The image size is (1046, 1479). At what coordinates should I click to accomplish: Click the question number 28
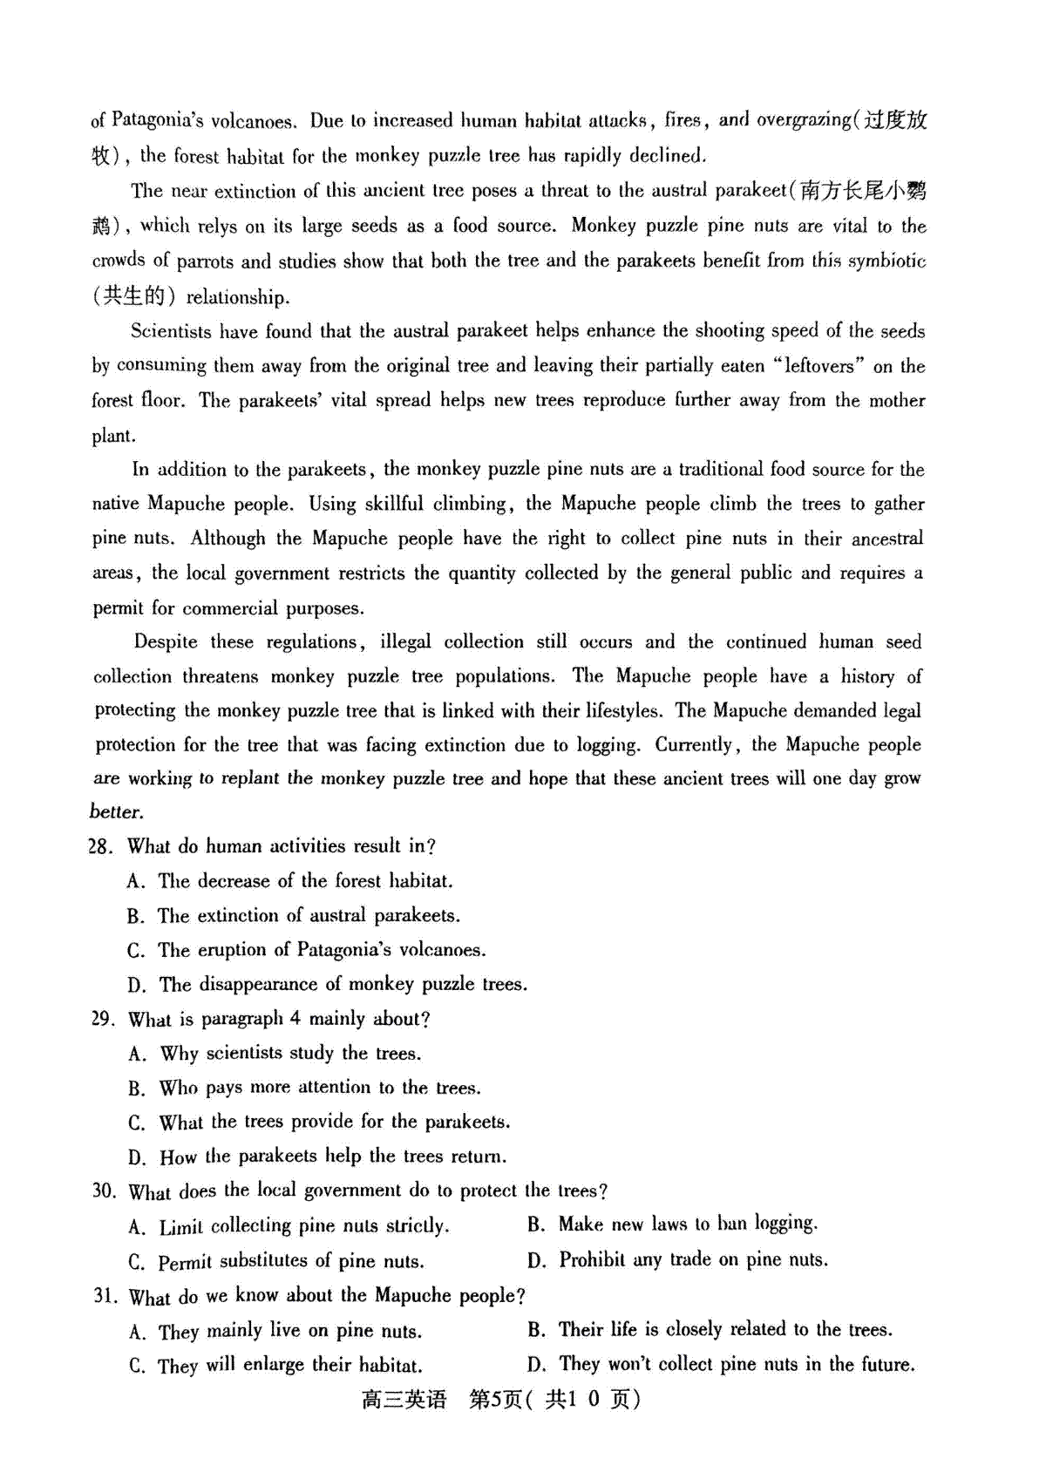click(x=100, y=846)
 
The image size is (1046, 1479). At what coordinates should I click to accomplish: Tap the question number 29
click(x=102, y=1019)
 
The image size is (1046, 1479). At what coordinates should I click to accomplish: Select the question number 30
click(x=104, y=1191)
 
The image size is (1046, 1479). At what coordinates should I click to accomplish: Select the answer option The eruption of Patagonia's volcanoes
click(x=322, y=950)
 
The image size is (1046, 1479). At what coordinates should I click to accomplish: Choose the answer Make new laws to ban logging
click(x=688, y=1225)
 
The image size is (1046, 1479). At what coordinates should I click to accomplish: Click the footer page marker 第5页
click(x=495, y=1400)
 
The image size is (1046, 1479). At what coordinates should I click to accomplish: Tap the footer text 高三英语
click(x=404, y=1400)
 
